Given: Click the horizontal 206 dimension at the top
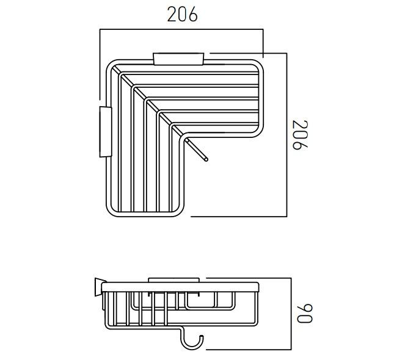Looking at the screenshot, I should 183,15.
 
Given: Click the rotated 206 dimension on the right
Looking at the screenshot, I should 298,135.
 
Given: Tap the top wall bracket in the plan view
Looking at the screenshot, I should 178,59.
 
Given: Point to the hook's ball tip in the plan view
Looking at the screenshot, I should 206,159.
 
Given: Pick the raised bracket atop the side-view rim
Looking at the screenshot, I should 174,280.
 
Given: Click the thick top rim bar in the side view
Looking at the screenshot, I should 181,287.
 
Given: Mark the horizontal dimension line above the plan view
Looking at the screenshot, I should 181,28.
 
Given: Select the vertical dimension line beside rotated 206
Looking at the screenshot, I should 286,135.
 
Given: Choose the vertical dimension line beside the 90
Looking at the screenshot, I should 291,314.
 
